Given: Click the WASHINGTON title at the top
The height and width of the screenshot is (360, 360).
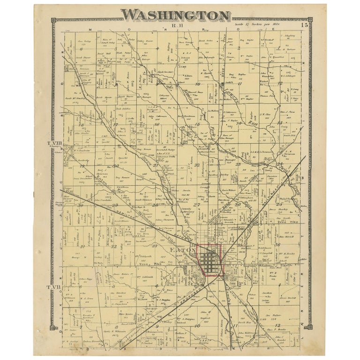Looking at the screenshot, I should click(176, 15).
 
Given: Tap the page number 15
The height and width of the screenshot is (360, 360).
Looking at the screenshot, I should click(305, 25).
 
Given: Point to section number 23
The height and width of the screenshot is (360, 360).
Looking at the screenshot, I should click(238, 164).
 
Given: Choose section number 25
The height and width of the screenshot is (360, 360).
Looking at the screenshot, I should click(280, 204).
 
